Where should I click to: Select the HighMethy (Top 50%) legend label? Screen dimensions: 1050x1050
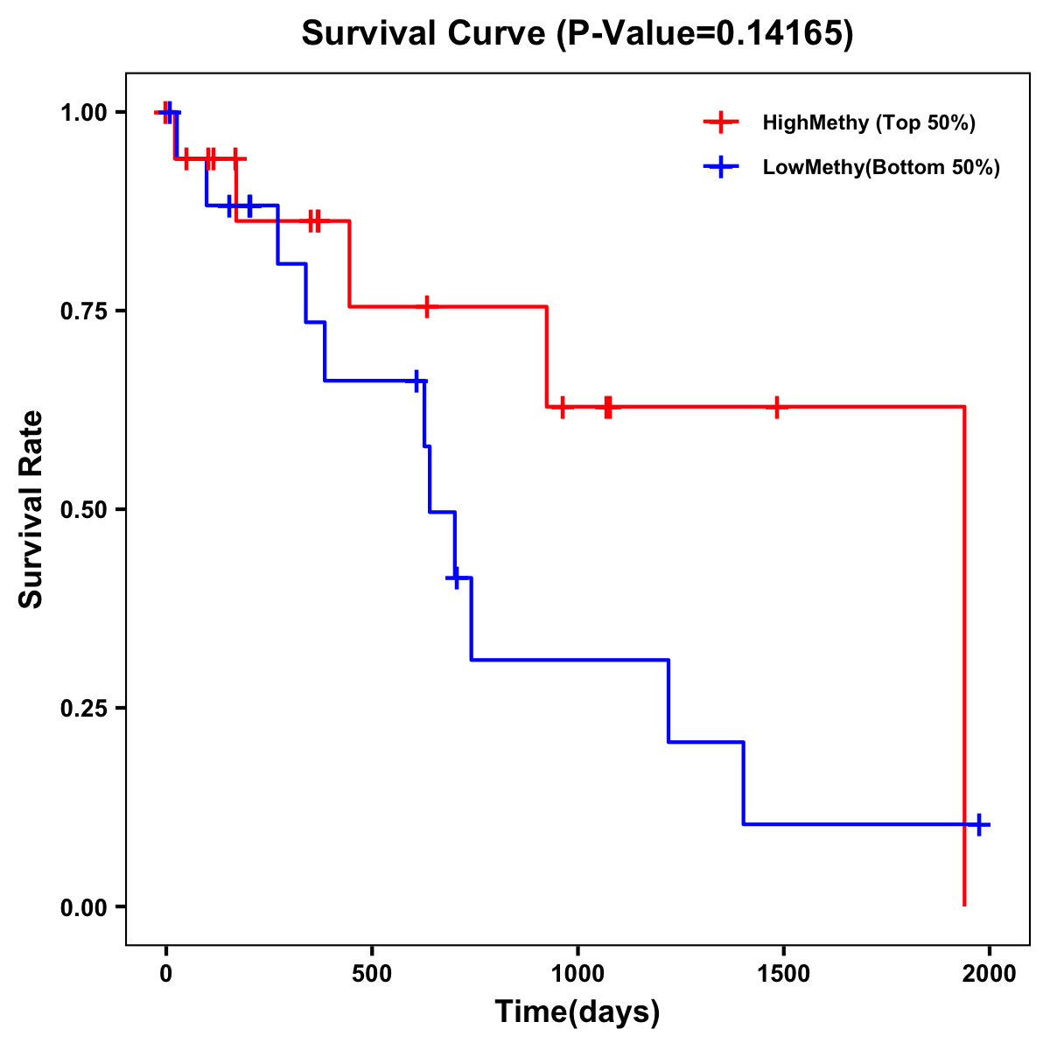tap(868, 122)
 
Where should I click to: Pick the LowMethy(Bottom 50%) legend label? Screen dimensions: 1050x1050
tap(881, 167)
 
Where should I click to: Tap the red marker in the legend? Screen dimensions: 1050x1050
tap(720, 122)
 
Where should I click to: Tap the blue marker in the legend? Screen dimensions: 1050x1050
tap(720, 167)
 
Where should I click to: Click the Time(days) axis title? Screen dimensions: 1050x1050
tap(577, 1012)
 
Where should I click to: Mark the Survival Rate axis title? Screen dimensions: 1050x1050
tap(31, 509)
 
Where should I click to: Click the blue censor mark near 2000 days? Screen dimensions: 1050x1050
tap(979, 824)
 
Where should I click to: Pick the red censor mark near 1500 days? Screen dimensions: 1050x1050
tap(776, 407)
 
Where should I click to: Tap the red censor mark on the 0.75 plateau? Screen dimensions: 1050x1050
tap(426, 306)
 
